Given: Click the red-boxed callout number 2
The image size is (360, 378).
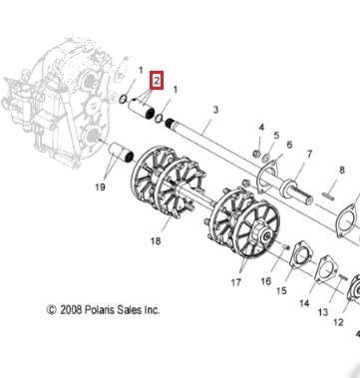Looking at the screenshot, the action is click(x=157, y=80).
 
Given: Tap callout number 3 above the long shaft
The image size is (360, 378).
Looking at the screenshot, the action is click(x=215, y=109).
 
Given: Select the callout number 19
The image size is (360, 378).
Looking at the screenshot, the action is click(x=100, y=187).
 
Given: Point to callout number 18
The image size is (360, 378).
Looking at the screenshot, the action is click(x=156, y=240).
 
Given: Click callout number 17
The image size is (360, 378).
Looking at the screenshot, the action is click(x=236, y=282).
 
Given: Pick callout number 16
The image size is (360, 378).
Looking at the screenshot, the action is click(x=266, y=281).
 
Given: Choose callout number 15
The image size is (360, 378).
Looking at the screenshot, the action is click(x=281, y=290).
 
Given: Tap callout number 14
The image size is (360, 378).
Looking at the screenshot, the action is click(x=304, y=303).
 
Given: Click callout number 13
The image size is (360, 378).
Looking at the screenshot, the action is click(x=323, y=312).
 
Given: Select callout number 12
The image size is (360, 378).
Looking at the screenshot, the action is click(x=338, y=322).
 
